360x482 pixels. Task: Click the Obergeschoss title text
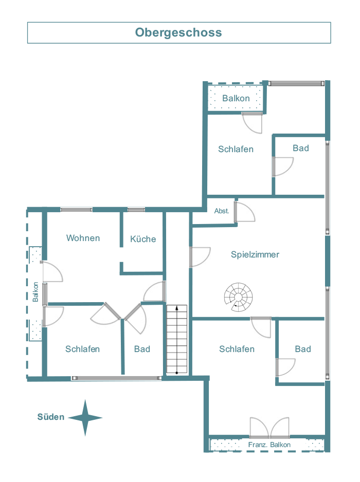tap(178, 32)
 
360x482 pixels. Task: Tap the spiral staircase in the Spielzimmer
tap(238, 297)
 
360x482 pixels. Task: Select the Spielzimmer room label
tap(255, 254)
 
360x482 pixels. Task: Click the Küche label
tap(143, 239)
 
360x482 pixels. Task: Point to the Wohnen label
tap(83, 238)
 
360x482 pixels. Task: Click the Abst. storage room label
tap(222, 211)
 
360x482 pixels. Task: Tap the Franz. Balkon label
tap(269, 444)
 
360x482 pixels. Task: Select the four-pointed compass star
tap(85, 418)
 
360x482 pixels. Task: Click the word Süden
tap(51, 417)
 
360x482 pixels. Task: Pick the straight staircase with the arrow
tap(177, 340)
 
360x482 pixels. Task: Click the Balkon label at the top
tap(236, 98)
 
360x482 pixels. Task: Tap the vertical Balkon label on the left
tap(35, 292)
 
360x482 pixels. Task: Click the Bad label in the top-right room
tap(301, 148)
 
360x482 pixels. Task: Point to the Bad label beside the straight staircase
tap(142, 349)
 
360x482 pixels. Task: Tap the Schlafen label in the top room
tap(236, 149)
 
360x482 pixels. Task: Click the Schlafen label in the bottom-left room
tap(82, 349)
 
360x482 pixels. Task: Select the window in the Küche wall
tap(136, 210)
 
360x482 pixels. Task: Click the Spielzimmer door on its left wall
tap(200, 257)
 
